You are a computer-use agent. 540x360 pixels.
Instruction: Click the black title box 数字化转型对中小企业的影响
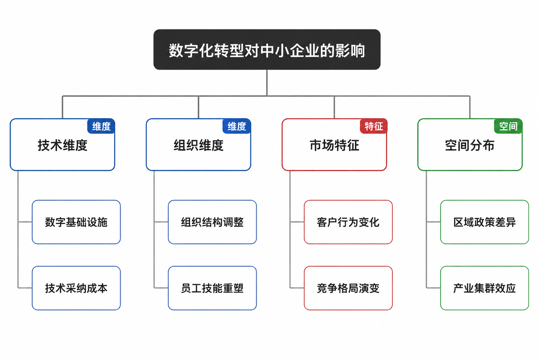[267, 50]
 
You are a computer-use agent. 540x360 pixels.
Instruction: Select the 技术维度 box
[63, 145]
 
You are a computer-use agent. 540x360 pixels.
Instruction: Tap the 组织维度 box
[198, 145]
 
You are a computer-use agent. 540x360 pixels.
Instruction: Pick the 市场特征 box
[334, 145]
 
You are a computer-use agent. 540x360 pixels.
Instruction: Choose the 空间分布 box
[470, 145]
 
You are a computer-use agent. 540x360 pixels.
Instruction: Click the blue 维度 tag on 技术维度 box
[101, 126]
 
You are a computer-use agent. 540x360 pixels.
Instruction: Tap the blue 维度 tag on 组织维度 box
[237, 126]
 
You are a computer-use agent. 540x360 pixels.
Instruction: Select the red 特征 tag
[374, 126]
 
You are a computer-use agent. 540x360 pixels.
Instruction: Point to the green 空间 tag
[508, 126]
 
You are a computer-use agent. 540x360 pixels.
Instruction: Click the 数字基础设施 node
[76, 222]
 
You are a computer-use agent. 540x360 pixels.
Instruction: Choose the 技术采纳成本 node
[76, 288]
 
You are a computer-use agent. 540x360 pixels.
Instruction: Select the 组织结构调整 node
[212, 222]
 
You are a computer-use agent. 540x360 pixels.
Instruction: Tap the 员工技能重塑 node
[212, 288]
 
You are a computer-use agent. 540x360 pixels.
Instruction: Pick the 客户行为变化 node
[348, 222]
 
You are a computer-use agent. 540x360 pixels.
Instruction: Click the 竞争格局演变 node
[348, 288]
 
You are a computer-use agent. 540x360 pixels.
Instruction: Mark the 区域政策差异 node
[484, 222]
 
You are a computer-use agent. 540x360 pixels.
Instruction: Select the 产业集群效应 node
[484, 288]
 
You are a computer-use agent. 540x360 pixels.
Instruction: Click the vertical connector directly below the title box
[267, 83]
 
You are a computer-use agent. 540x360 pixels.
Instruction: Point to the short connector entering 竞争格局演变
[297, 288]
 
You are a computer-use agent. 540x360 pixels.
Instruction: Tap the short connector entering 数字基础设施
[25, 222]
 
